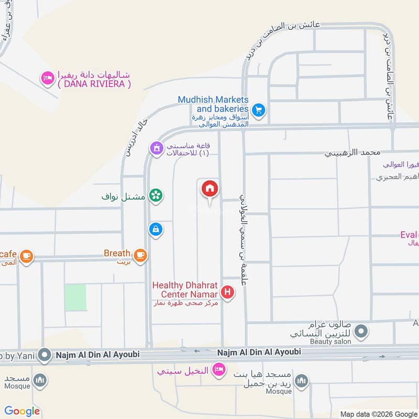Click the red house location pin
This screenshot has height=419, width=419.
click(210, 189)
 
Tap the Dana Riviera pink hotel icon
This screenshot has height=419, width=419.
click(48, 79)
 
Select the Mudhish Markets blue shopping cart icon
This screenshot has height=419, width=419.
click(258, 110)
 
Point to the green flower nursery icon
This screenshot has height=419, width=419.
click(156, 196)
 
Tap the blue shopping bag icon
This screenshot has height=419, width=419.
click(156, 229)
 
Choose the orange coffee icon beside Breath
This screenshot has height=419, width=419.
click(140, 255)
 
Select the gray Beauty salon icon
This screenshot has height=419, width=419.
click(360, 331)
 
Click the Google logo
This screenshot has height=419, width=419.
click(22, 411)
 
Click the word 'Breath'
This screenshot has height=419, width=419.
click(117, 253)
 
